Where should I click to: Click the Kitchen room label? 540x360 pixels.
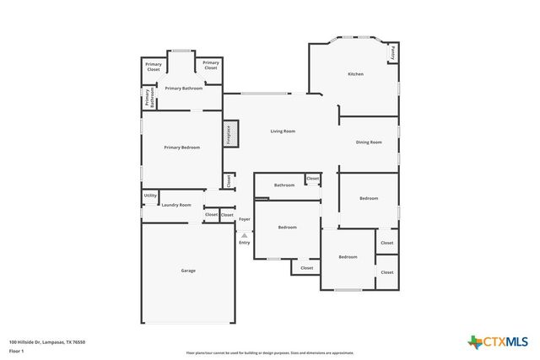pos(356,74)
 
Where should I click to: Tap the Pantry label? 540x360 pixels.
pos(392,51)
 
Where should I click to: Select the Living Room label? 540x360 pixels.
pos(283,132)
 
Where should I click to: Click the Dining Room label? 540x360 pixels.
pos(369,142)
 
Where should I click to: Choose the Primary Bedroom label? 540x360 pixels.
pos(182,148)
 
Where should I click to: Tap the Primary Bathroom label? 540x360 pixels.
pos(183,88)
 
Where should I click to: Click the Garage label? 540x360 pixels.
pos(188,271)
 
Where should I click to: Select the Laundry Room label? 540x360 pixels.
pos(176,205)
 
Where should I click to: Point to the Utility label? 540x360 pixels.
pos(150,196)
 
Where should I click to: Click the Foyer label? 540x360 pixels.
pos(244,219)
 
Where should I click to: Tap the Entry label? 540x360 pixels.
pos(244,243)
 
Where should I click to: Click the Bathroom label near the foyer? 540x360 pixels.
pos(284,185)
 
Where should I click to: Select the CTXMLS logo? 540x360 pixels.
pos(499,341)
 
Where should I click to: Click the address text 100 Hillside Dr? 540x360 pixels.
pos(47,341)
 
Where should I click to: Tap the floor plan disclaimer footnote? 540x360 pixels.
pos(270,353)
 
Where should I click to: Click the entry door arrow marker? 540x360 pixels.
pos(244,234)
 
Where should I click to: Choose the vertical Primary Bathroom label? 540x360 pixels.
pos(149,99)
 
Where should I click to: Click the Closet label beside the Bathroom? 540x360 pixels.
pos(313,179)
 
